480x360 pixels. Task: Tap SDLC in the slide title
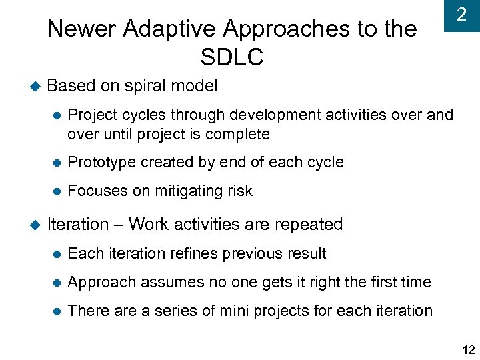(x=231, y=58)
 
